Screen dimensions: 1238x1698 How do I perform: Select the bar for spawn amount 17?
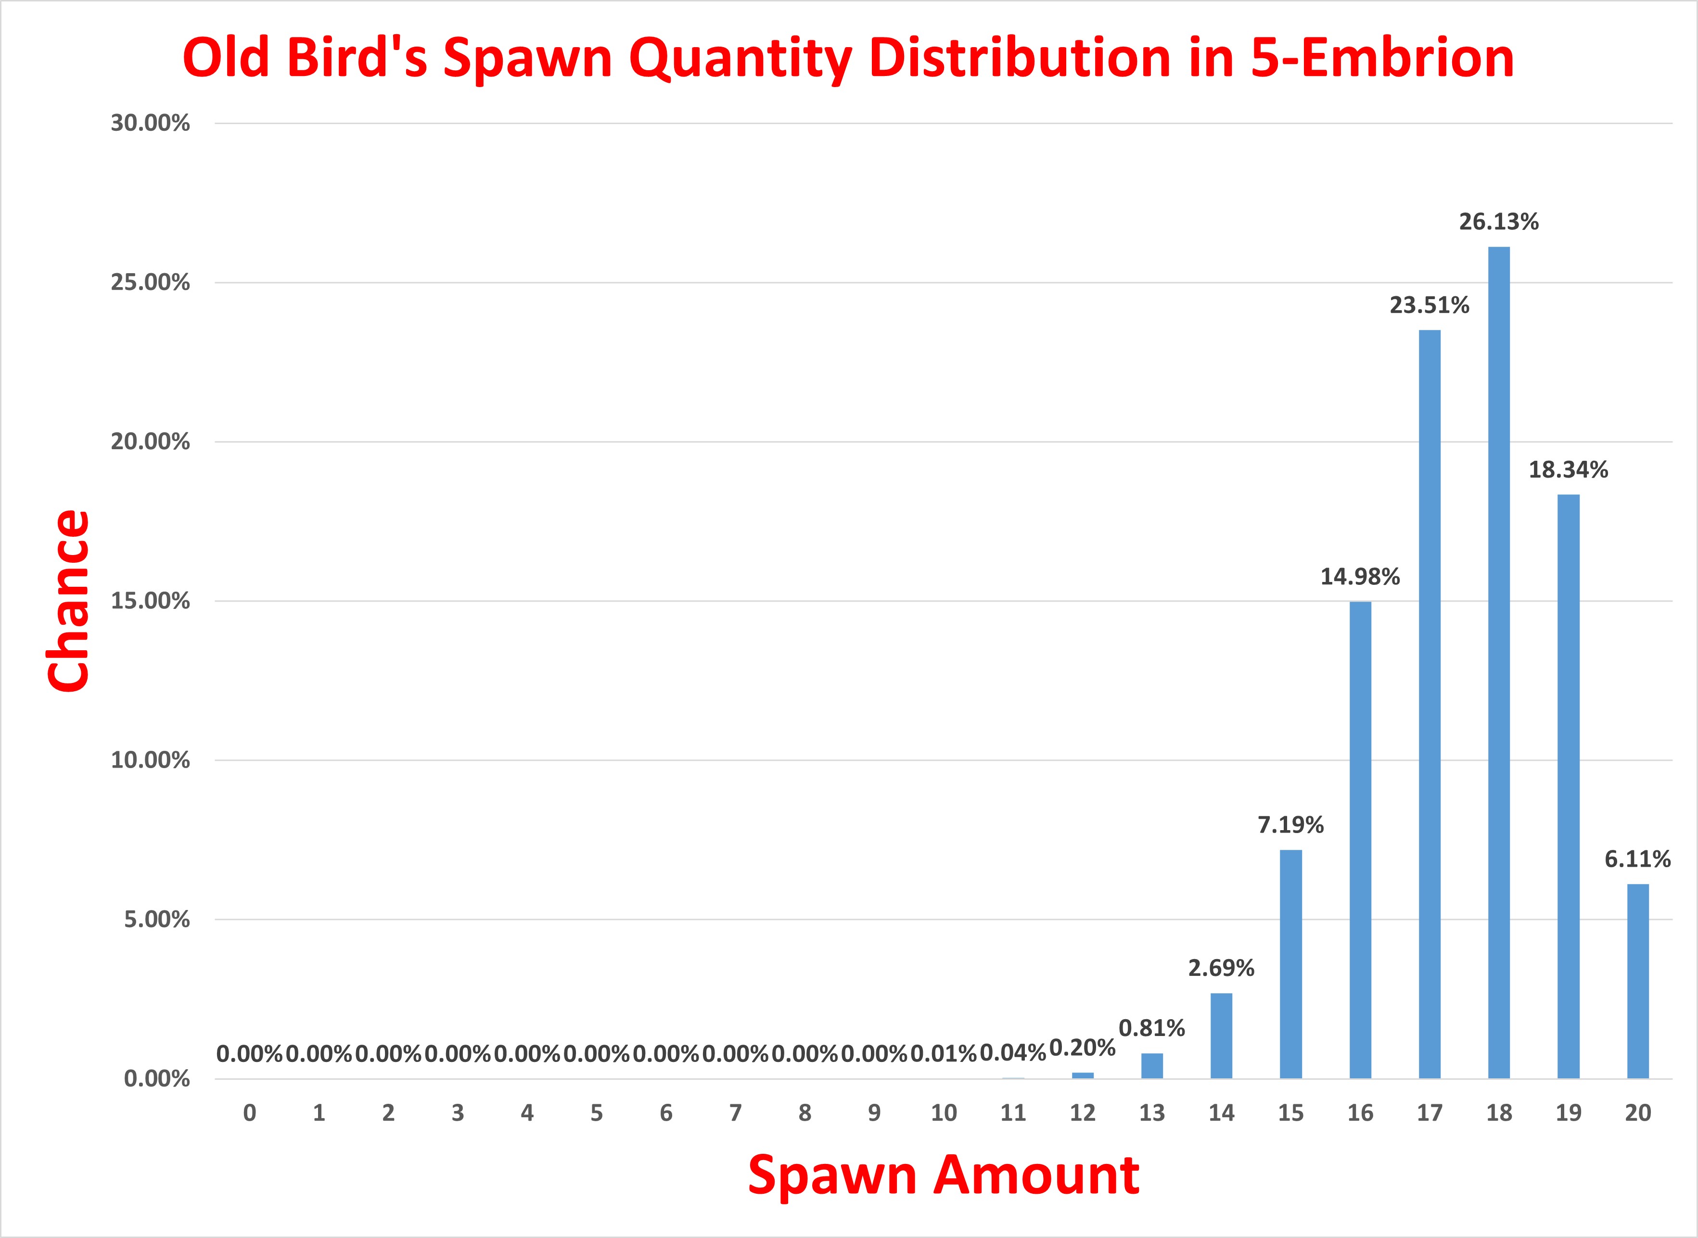click(1430, 705)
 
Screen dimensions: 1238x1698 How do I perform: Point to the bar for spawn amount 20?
click(1638, 981)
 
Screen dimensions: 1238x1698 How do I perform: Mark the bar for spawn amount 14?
click(1221, 1036)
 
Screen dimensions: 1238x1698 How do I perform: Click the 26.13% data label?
click(1499, 222)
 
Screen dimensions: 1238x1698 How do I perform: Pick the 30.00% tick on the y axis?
click(150, 124)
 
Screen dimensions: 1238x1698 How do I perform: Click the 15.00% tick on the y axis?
click(150, 601)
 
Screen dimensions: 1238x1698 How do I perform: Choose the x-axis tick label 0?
click(250, 1113)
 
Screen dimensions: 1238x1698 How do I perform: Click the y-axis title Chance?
click(69, 601)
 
